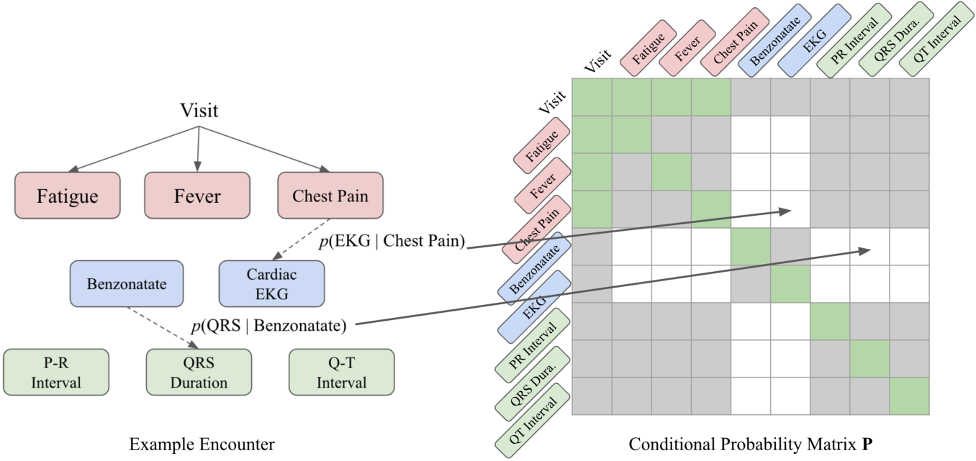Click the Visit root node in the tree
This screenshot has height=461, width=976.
pos(198,110)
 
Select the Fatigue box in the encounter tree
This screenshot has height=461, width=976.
pos(67,196)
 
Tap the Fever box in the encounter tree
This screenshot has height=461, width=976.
pos(197,196)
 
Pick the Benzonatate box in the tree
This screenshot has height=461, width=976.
pos(127,283)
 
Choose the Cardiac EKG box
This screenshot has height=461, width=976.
pos(272,284)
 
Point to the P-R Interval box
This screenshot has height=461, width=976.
pos(55,372)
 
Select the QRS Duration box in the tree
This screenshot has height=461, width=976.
pos(199,372)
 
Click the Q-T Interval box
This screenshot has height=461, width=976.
pos(341,372)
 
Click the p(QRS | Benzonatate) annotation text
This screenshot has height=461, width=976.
pos(268,325)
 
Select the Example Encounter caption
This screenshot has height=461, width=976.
pos(202,444)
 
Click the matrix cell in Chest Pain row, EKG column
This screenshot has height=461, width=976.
pos(790,209)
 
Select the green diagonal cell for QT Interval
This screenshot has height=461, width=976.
pos(909,396)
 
